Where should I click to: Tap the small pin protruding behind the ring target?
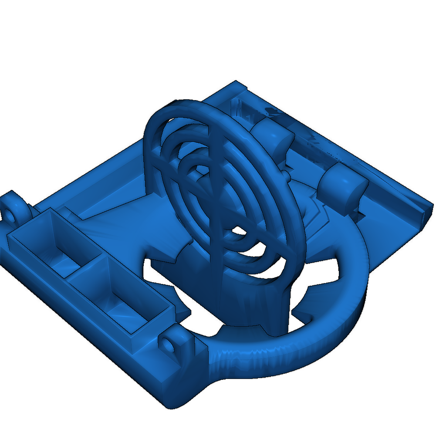pos(286,175)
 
